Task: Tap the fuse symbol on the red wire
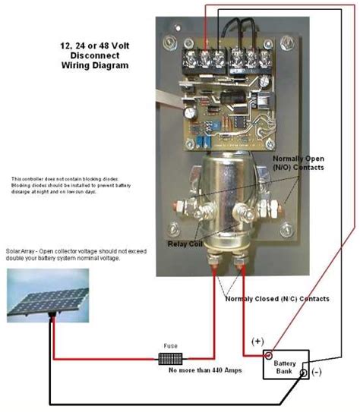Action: [169, 357]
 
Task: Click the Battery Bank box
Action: [285, 365]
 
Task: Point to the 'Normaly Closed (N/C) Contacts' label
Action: [277, 299]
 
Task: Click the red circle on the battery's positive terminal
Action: [268, 354]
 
